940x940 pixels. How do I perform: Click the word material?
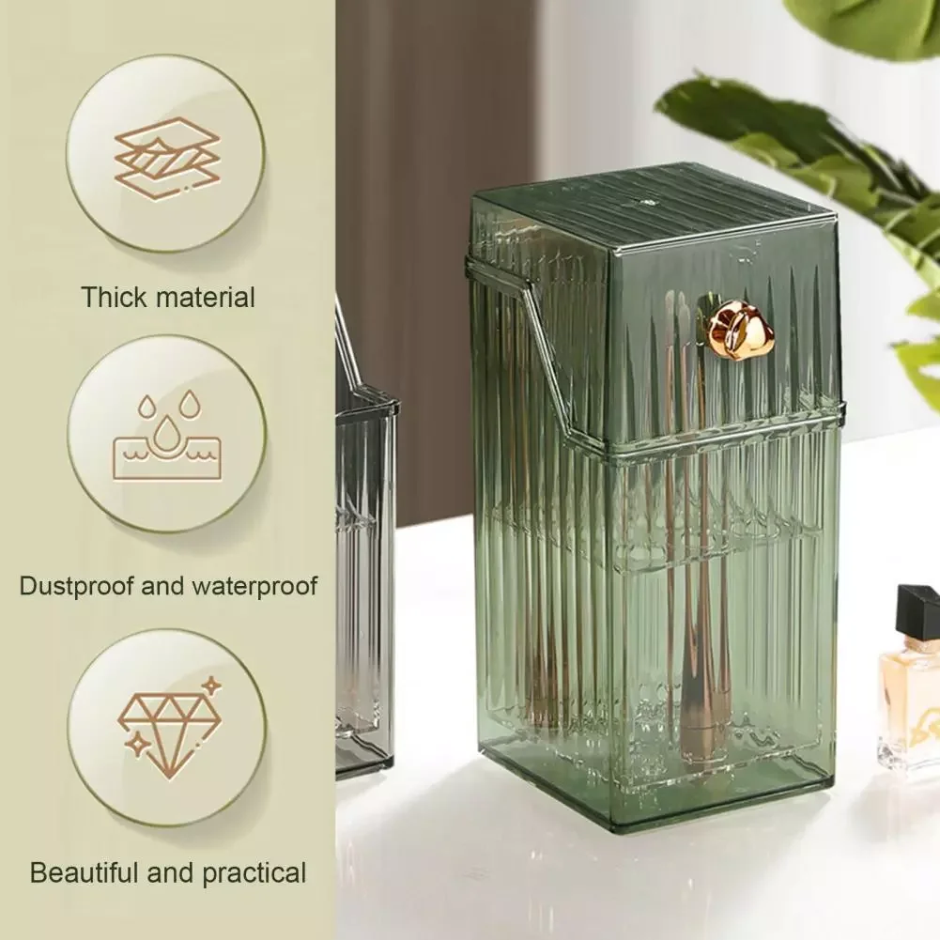click(205, 299)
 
